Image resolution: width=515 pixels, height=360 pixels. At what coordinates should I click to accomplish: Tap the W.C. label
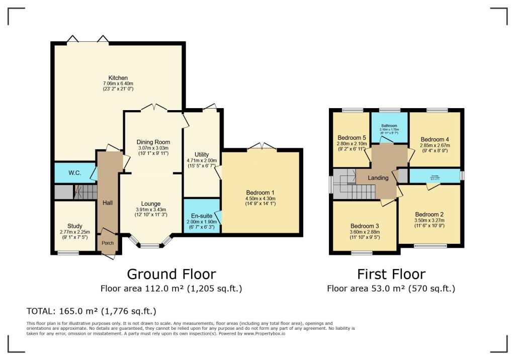click(74, 173)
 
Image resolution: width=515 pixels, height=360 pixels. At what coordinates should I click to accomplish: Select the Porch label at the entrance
click(108, 243)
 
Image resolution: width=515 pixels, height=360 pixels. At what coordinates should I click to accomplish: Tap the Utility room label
click(201, 154)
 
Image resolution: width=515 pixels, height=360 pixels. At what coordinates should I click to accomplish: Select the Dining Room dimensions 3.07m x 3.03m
click(153, 148)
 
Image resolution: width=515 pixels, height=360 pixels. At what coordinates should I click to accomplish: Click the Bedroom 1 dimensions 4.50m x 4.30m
click(261, 198)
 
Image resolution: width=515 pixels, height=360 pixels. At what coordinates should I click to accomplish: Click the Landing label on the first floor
click(378, 178)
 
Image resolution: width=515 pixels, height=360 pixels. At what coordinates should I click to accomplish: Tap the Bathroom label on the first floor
click(389, 126)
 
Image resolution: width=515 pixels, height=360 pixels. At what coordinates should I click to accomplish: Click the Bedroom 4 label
click(435, 139)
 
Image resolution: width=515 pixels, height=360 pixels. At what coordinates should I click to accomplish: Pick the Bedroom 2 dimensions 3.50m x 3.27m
click(429, 220)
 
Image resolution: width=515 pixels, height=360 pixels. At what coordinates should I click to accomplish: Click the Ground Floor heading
click(171, 274)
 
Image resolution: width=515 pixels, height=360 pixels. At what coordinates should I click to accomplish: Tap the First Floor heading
click(391, 274)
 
